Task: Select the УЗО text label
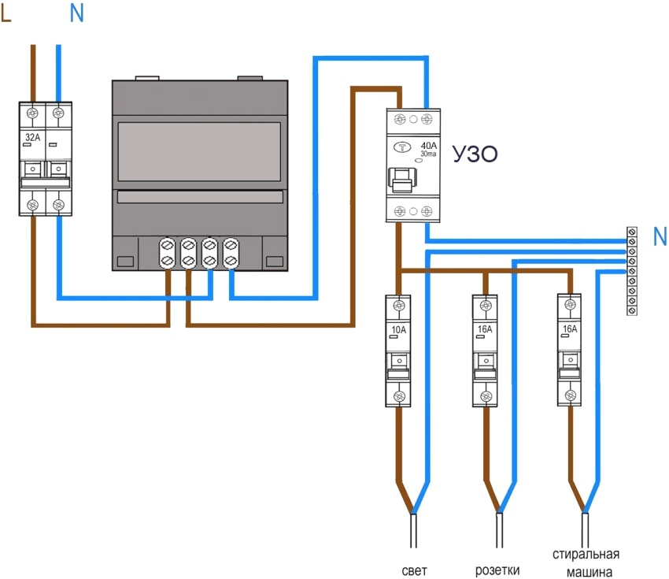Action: coord(475,154)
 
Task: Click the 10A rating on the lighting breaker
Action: coord(398,329)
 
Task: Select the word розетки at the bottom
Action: coord(497,570)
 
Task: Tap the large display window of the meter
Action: coord(198,151)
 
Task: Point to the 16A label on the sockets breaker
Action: coord(484,329)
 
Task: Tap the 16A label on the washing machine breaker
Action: coord(569,329)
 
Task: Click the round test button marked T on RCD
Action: coord(405,147)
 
